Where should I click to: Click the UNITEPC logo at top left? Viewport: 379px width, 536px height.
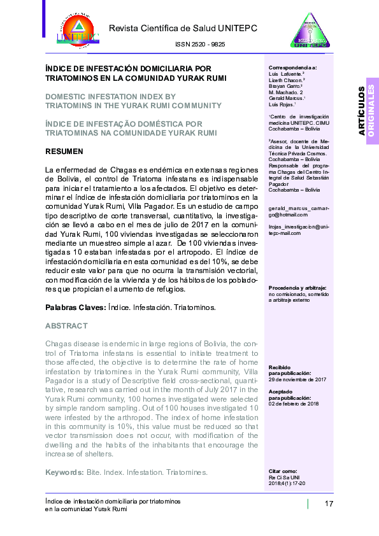[78, 28]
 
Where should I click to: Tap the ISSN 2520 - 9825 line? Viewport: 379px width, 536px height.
[199, 45]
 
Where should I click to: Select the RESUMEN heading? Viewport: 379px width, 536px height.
[64, 152]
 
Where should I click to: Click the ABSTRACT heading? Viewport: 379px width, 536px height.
[66, 326]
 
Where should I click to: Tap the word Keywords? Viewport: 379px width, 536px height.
[64, 472]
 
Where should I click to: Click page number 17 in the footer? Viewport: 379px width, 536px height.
[329, 505]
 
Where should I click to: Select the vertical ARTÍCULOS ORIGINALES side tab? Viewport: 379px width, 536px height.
[366, 111]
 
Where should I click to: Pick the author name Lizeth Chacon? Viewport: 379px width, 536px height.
[287, 80]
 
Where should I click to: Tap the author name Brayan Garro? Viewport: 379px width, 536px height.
[287, 87]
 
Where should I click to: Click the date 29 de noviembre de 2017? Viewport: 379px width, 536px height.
[297, 379]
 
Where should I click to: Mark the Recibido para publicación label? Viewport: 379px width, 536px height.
[289, 370]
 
